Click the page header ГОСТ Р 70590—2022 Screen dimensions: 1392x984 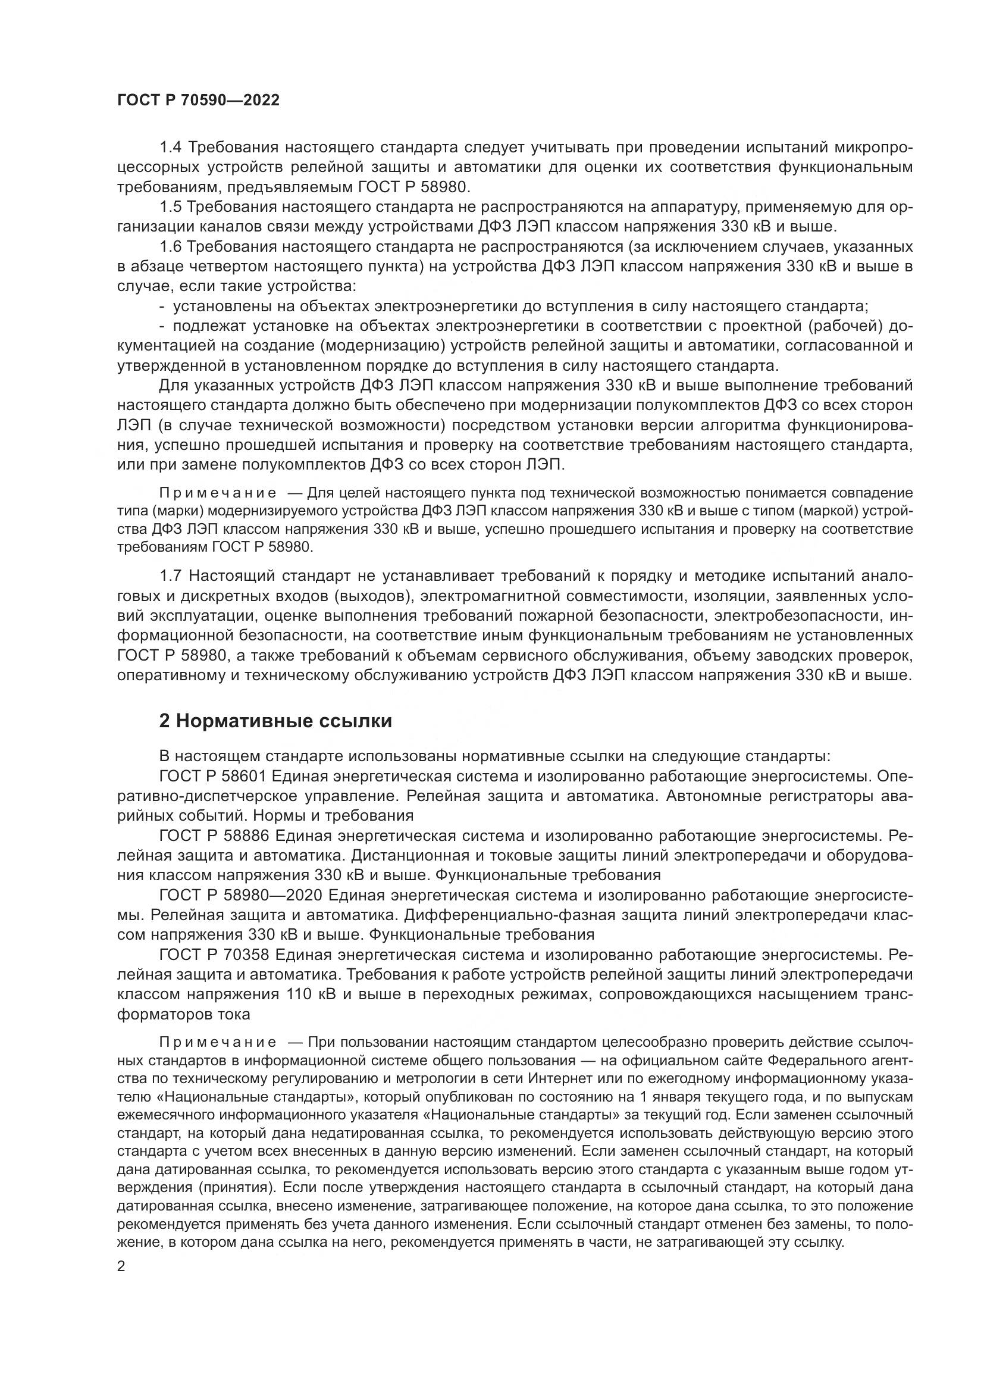(x=198, y=101)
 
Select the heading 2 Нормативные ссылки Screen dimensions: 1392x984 (x=275, y=721)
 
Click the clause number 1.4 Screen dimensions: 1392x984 (x=170, y=148)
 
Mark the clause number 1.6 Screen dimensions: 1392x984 (x=170, y=247)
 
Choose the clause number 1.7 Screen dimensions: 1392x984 (x=170, y=575)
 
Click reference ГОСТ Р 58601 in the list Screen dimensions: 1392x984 (x=214, y=777)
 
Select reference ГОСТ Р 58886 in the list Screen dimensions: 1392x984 (x=214, y=836)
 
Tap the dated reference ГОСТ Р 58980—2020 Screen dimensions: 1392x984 (x=241, y=896)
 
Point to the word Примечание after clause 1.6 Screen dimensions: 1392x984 (x=218, y=493)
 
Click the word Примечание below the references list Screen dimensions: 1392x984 (x=218, y=1042)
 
